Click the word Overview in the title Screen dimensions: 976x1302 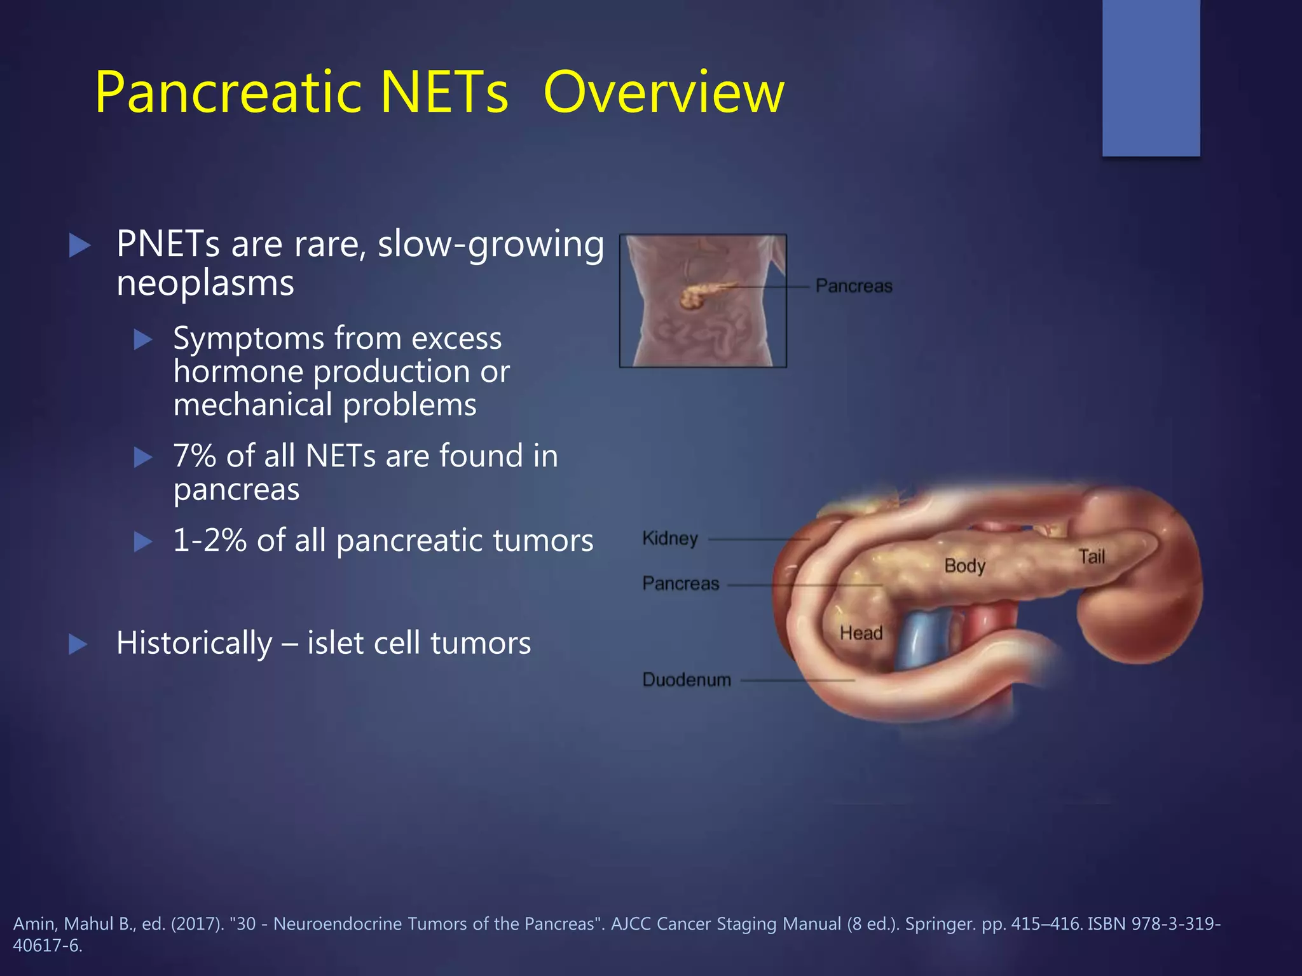click(664, 93)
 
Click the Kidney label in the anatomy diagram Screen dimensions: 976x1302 click(670, 539)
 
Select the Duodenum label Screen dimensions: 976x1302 click(687, 680)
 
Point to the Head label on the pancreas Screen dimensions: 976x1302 click(861, 633)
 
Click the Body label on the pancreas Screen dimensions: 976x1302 click(964, 566)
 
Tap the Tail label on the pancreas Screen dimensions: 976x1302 click(1092, 557)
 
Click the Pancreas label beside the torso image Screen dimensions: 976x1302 click(854, 287)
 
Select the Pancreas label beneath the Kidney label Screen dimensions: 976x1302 click(680, 583)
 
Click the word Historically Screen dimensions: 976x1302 click(194, 643)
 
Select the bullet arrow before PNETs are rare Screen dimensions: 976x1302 click(79, 246)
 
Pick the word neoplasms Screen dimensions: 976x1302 click(205, 283)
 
